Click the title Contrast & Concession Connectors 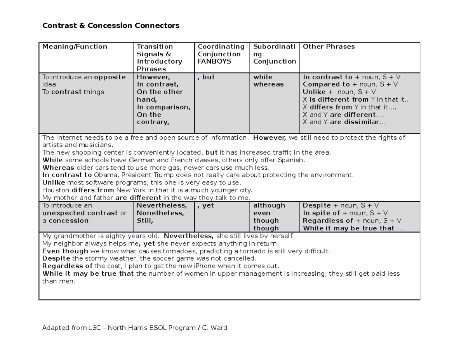coord(111,26)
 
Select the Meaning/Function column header coord(75,47)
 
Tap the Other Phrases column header coord(329,47)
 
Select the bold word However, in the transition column coord(153,77)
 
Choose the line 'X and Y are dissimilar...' coord(344,122)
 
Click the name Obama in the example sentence coord(106,175)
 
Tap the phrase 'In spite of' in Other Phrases coord(321,213)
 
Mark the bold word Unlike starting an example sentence coord(53,183)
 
